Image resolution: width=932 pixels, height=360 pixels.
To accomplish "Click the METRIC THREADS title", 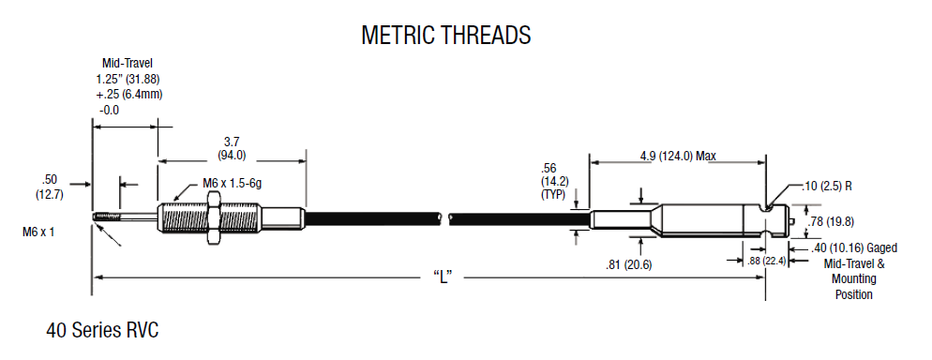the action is click(445, 35).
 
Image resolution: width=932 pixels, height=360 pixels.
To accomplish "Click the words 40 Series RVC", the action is click(103, 330).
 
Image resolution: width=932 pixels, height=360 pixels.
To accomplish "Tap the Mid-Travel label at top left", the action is click(128, 63).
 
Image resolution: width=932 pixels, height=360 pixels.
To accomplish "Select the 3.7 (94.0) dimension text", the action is click(232, 148).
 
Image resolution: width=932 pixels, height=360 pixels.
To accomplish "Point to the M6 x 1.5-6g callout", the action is click(233, 184).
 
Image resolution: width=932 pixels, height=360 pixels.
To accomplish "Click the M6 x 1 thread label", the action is click(38, 232).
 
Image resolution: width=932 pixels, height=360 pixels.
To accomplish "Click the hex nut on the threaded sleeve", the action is click(212, 217).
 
